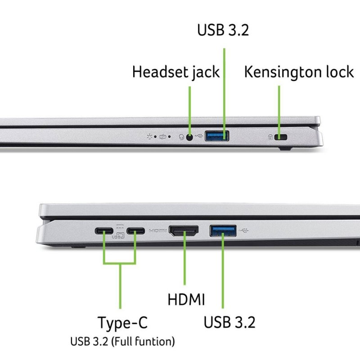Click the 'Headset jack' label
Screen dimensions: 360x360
[x=175, y=72]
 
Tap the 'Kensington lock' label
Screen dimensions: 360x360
[x=299, y=72]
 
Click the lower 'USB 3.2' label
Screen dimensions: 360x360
[x=229, y=322]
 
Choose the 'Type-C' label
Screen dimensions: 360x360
[x=122, y=322]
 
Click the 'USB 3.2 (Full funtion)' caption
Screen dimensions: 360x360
[x=122, y=342]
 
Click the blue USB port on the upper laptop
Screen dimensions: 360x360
[x=217, y=135]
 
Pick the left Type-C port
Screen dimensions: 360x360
[x=104, y=232]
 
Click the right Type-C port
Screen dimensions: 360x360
[x=135, y=232]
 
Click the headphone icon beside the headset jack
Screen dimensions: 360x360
[x=181, y=137]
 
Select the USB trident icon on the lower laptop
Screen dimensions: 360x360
[x=244, y=231]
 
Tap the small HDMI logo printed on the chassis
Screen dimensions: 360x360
[x=157, y=231]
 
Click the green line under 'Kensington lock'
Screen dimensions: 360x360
[x=279, y=108]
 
